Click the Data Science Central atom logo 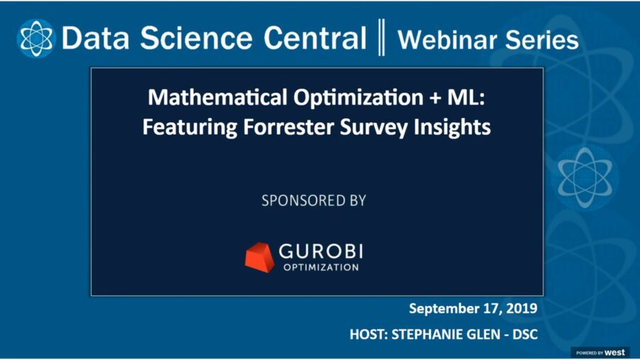36,38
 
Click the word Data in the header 90,38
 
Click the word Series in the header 540,40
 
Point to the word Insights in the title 447,127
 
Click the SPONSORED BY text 314,201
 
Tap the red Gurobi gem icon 260,257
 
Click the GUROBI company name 326,251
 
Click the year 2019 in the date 519,309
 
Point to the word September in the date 443,309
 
